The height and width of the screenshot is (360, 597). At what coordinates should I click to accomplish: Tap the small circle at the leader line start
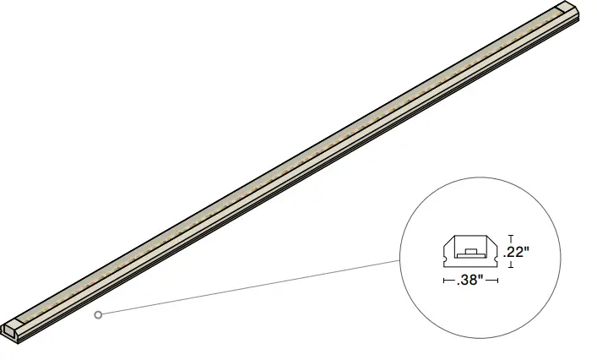[x=99, y=315]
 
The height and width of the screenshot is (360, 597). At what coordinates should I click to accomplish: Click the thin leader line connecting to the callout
[x=253, y=288]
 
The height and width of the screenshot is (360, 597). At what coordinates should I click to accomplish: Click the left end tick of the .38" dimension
[x=444, y=280]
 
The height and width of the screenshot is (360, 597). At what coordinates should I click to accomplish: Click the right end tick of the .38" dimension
[x=498, y=280]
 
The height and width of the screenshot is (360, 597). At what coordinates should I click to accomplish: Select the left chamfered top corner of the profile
[x=450, y=240]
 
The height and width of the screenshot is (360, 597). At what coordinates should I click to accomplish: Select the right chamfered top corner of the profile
[x=493, y=240]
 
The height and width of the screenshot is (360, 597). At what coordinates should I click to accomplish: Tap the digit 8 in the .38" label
[x=475, y=280]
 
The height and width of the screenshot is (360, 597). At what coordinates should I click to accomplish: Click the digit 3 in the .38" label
[x=464, y=280]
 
